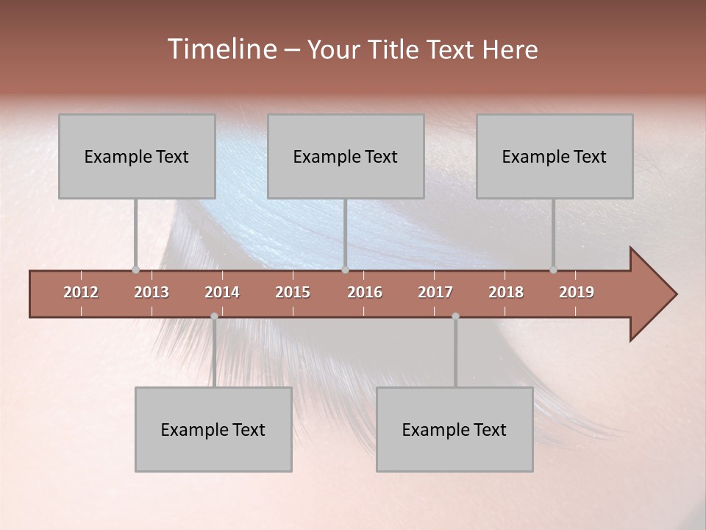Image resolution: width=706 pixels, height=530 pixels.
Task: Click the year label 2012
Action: pos(81,292)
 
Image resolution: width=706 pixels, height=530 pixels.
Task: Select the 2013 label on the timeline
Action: pos(151,292)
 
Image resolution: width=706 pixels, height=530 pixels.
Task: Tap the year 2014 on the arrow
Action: pos(222,292)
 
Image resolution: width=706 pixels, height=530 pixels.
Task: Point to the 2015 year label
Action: pos(293,292)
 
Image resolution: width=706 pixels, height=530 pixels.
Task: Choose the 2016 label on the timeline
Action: pos(365,292)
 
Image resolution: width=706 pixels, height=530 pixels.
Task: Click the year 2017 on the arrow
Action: pos(435,292)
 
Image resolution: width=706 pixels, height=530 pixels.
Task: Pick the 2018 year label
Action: pos(506,292)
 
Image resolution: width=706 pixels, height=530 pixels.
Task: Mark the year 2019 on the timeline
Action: pos(577,292)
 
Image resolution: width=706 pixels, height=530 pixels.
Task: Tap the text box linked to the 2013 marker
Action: pos(137,157)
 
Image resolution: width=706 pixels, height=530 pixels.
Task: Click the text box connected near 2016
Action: pos(346,157)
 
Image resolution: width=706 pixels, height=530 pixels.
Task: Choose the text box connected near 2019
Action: pos(555,157)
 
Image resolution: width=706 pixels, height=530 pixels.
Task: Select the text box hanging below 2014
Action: pos(213,430)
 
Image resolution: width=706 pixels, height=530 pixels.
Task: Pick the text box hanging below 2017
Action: pos(454,430)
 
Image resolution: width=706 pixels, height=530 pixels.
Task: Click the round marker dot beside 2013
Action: pos(135,270)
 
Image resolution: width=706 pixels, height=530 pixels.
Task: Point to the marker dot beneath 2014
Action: pos(214,316)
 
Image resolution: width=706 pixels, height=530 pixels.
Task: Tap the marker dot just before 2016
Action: pos(346,270)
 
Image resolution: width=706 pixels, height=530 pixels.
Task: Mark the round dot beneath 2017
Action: pos(455,316)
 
